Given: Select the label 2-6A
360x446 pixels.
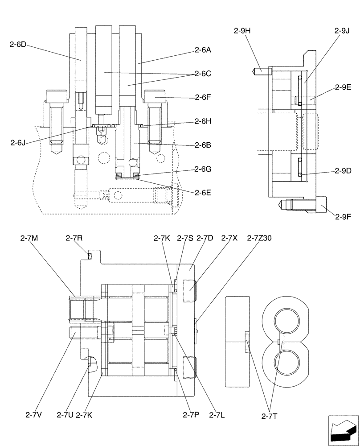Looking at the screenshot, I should click(203, 50).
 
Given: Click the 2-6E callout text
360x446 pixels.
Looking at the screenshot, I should click(203, 192).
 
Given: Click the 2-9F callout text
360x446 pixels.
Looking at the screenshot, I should click(344, 217).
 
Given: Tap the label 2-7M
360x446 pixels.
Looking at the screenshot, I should click(29, 238).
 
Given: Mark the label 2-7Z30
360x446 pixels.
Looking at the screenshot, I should click(259, 238).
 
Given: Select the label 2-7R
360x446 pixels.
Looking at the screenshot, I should click(74, 238).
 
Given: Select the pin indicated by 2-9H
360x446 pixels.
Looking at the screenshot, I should click(260, 70).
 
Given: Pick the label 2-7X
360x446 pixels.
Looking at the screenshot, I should click(232, 238).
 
